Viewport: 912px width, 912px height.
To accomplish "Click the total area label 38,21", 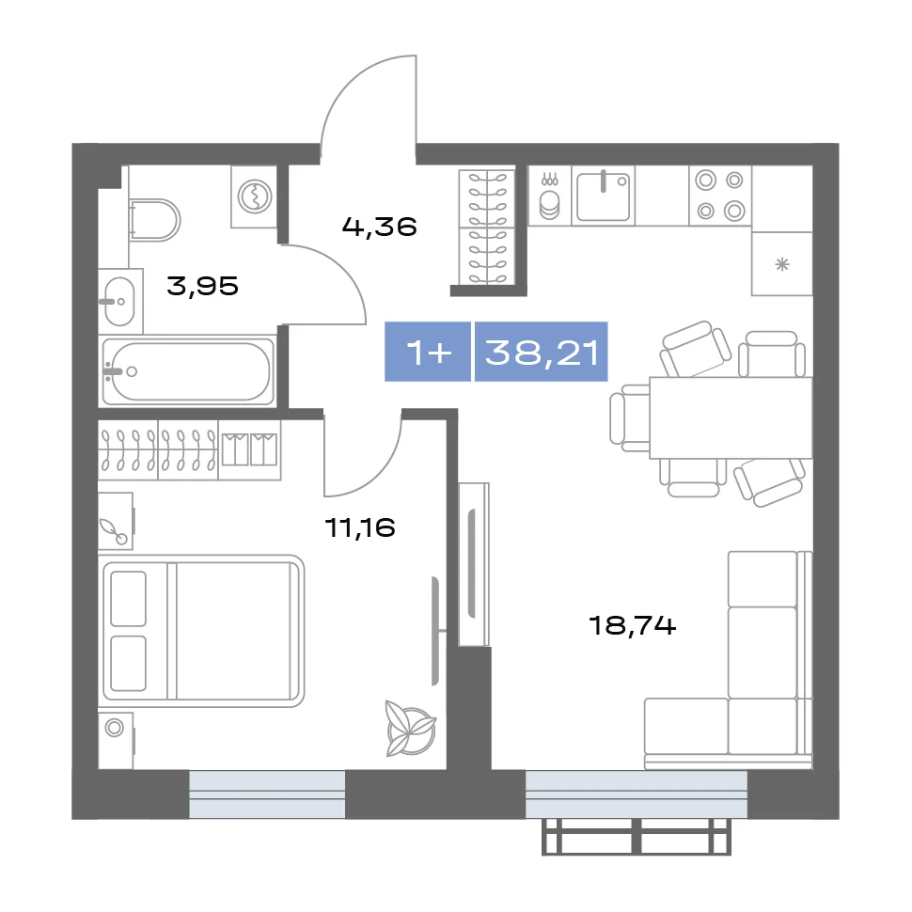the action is tap(542, 352).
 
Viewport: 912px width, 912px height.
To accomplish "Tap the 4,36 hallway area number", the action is tap(379, 227).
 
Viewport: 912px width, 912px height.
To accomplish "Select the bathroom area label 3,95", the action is tap(202, 286).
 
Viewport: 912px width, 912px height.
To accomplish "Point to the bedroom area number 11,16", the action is tap(360, 527).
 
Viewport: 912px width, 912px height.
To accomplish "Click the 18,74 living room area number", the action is tap(632, 625).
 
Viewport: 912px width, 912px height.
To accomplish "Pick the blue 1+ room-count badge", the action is tap(428, 352).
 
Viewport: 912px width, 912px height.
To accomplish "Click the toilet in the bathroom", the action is tap(155, 220).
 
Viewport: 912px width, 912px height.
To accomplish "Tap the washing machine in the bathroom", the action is tap(254, 197).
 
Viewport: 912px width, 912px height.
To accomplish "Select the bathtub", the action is tap(187, 370).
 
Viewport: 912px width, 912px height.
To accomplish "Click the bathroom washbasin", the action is tap(119, 301).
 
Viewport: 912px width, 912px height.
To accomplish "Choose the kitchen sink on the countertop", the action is tap(604, 196).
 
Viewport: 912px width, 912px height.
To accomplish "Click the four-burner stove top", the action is tap(720, 196).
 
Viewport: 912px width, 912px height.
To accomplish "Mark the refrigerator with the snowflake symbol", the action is tap(781, 264).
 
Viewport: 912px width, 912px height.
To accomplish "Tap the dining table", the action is tap(731, 417).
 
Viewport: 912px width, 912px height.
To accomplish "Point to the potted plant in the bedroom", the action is tap(411, 729).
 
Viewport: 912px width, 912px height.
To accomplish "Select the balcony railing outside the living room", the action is tap(637, 837).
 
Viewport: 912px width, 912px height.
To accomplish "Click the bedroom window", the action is tap(267, 794).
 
